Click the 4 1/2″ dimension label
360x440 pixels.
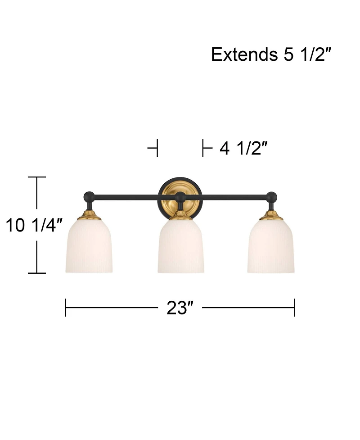pos(243,148)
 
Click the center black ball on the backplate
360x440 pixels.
pos(180,196)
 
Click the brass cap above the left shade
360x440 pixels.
pos(89,216)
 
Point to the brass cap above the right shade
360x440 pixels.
pos(271,216)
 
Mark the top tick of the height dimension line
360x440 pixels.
pos(37,177)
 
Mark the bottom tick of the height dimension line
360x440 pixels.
pos(37,273)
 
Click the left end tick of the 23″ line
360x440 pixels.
pos(66,308)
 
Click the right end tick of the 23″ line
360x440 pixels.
pos(295,308)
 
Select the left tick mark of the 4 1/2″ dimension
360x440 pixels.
pos(156,148)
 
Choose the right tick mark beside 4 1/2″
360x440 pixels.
pos(203,148)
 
